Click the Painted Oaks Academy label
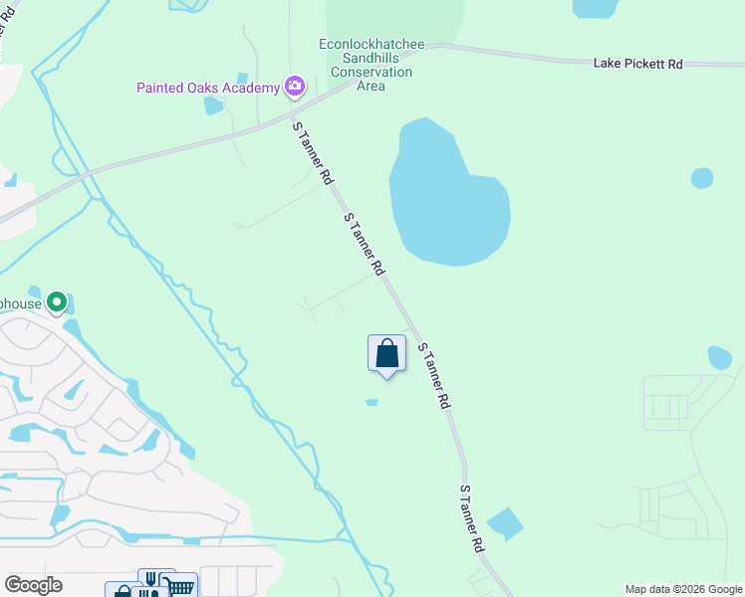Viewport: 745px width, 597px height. tap(208, 88)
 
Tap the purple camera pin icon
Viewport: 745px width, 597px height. tap(294, 87)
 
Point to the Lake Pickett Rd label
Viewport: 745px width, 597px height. tap(637, 64)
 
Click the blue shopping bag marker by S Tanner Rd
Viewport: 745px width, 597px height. tap(386, 354)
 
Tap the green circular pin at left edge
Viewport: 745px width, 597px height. tap(58, 300)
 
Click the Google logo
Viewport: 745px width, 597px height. tap(33, 585)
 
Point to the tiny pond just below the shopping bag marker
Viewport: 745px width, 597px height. tap(372, 402)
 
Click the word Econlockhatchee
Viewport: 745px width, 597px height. tap(372, 44)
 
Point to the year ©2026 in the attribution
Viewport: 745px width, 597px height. tap(693, 589)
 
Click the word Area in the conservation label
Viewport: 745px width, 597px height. tap(372, 86)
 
